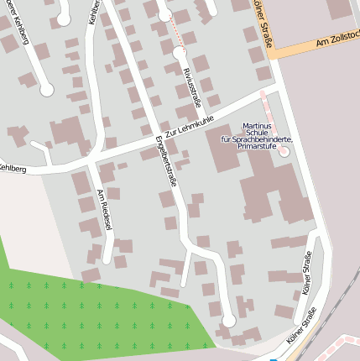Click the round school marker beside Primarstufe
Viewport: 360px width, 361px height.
pyautogui.click(x=283, y=152)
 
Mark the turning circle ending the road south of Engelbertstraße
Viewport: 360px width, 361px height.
pyautogui.click(x=228, y=322)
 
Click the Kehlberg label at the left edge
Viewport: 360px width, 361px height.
pyautogui.click(x=13, y=169)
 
